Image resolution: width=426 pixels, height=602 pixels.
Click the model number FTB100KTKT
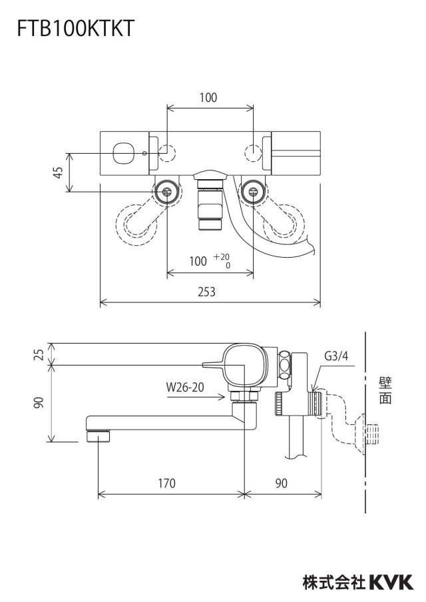coord(76,29)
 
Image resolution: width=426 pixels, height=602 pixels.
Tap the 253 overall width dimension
coord(206,292)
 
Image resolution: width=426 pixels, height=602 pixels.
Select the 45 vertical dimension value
coord(58,172)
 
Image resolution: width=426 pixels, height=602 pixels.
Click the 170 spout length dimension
coord(166,483)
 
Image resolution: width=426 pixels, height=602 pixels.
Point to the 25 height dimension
coord(39,354)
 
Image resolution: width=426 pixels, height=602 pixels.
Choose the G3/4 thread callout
coord(336,356)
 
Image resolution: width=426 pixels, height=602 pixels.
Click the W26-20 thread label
coord(185,387)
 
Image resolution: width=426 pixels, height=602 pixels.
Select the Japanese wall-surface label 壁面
coord(385,390)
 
